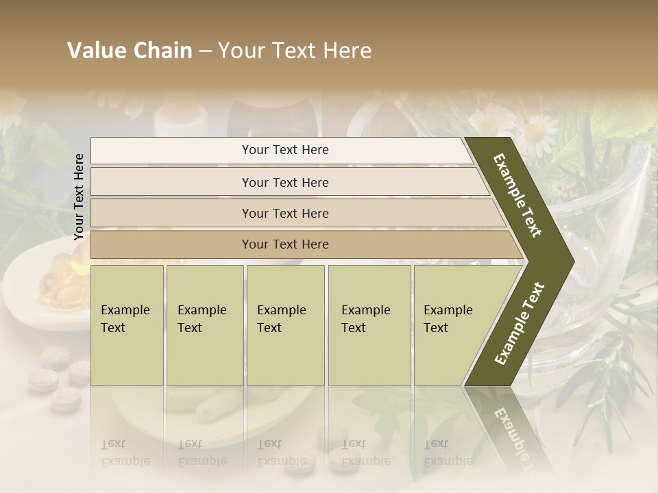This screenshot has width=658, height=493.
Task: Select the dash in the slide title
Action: pyautogui.click(x=205, y=51)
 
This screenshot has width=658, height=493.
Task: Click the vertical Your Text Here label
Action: pyautogui.click(x=79, y=197)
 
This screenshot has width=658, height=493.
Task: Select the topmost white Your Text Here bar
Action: pyautogui.click(x=284, y=150)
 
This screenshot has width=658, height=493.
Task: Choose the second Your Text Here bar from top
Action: pyautogui.click(x=284, y=182)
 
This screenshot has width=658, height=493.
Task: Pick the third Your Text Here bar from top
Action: pyautogui.click(x=284, y=213)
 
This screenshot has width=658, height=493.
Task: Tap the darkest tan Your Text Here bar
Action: pyautogui.click(x=284, y=244)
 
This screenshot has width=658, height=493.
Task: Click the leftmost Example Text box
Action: pyautogui.click(x=127, y=325)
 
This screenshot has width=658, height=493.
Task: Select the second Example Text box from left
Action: pyautogui.click(x=204, y=325)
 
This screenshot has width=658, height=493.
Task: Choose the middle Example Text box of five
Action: pyautogui.click(x=285, y=325)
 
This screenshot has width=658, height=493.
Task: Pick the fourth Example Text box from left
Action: pyautogui.click(x=369, y=325)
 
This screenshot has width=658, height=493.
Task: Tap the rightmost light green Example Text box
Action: pyautogui.click(x=452, y=325)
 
